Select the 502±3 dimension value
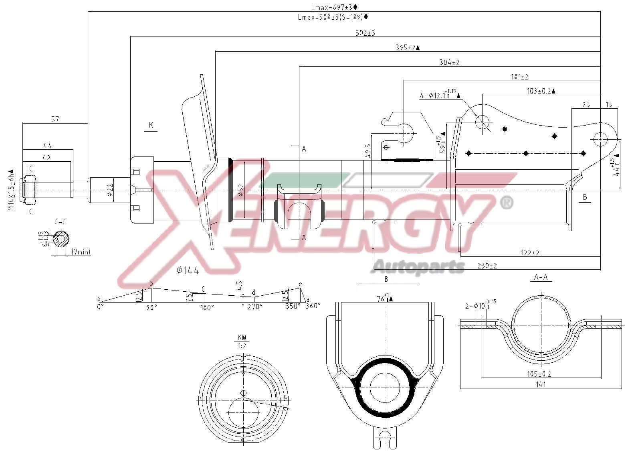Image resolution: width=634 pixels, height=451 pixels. (x=365, y=33)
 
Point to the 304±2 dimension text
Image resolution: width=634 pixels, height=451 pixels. (x=449, y=63)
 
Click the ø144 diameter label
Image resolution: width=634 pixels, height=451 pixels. (x=188, y=270)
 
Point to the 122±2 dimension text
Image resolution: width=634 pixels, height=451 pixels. (x=530, y=253)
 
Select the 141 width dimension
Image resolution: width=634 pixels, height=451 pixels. (x=541, y=384)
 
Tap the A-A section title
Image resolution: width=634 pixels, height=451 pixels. (x=541, y=277)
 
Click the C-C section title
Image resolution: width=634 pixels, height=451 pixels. (x=60, y=221)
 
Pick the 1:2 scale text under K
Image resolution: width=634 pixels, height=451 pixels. (x=242, y=345)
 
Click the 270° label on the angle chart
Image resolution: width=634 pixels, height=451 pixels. (x=255, y=307)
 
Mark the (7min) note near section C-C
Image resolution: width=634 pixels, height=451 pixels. (x=81, y=252)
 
